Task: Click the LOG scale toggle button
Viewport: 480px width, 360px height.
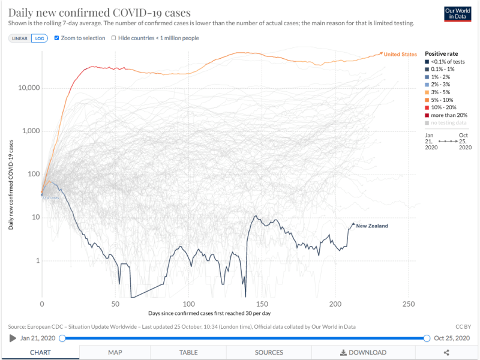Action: (x=39, y=38)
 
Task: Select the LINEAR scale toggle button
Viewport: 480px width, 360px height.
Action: (x=20, y=38)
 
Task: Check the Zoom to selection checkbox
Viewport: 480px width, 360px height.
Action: (x=57, y=38)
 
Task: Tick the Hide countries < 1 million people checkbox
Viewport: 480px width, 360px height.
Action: (x=114, y=38)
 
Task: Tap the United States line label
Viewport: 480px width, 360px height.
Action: (x=400, y=55)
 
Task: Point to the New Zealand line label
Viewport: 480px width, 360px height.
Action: (x=372, y=226)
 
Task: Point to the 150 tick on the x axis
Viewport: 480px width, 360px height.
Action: (x=262, y=304)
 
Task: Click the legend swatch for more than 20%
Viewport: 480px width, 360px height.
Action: (x=428, y=115)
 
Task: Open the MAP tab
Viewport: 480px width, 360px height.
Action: (x=116, y=352)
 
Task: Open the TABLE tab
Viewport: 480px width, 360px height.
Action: (x=188, y=352)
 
